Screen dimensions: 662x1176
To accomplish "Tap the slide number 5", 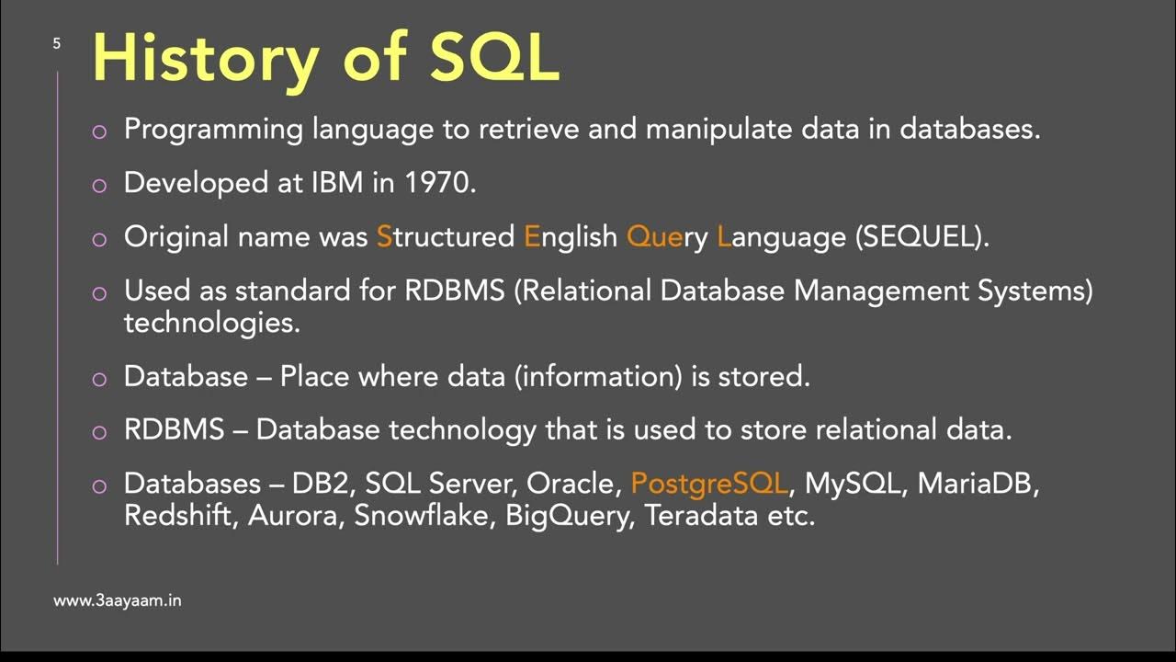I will pos(57,43).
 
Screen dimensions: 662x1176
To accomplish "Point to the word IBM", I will pos(337,182).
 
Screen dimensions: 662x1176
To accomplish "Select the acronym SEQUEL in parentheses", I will pos(921,236).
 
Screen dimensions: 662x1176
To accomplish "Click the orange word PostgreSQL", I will pos(709,484).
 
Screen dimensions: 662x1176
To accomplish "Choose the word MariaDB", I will pos(978,484).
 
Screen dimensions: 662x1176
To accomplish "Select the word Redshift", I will pos(181,515).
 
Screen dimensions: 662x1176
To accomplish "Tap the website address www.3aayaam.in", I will pos(117,600).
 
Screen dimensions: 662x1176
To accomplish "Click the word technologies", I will pos(212,324).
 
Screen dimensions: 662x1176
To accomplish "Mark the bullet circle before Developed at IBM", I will pos(100,185).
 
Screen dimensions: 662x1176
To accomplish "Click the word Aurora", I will pos(292,515).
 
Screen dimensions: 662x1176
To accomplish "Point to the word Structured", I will pos(445,236).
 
